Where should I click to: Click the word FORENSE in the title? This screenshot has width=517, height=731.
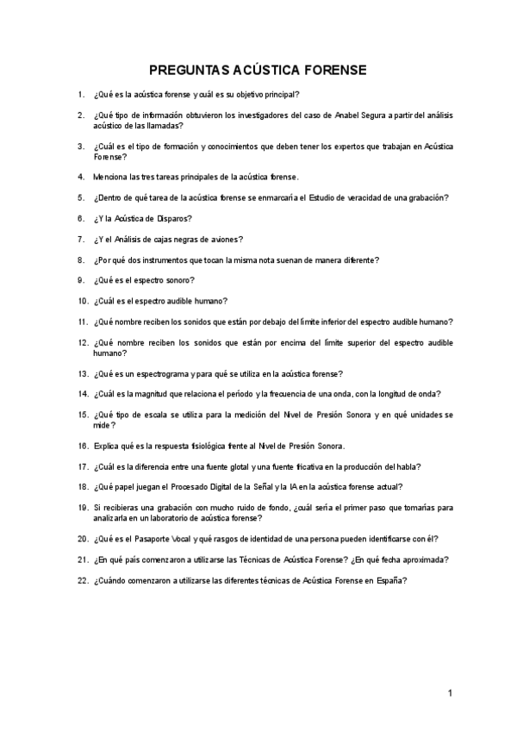pos(328,70)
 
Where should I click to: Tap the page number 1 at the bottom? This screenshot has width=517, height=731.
pos(450,693)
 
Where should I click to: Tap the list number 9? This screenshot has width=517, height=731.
pos(80,280)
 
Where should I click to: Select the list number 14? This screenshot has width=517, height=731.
pos(83,394)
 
